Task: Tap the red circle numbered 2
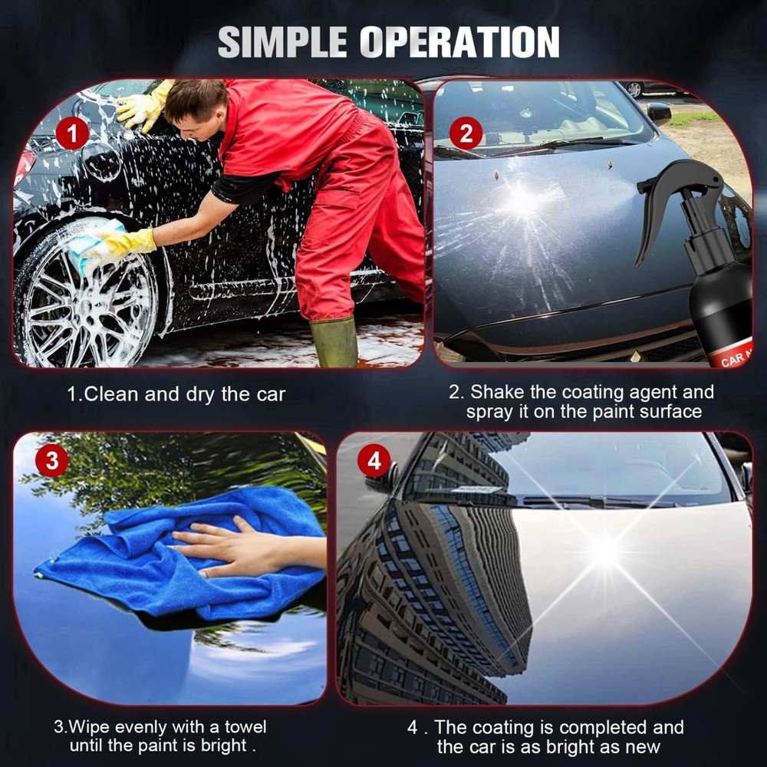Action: point(466,134)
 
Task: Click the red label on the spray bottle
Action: point(732,357)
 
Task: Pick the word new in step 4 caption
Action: point(641,746)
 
